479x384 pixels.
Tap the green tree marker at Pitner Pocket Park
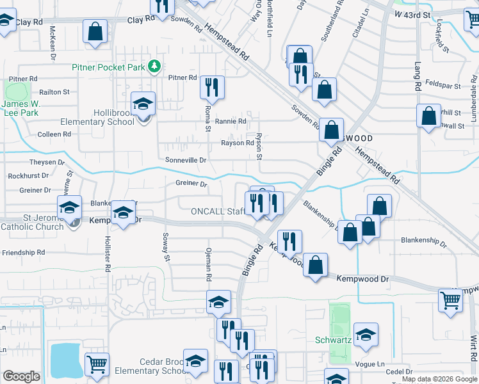point(154,66)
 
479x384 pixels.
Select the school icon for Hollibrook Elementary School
point(143,104)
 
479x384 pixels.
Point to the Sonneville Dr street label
point(186,159)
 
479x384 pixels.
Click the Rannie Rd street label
point(231,121)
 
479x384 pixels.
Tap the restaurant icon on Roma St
point(212,86)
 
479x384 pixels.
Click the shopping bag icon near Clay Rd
point(95,32)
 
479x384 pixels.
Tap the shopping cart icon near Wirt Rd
point(450,300)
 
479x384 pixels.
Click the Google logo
point(21,376)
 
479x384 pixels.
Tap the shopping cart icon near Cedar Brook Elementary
point(96,364)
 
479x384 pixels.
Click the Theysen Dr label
point(47,163)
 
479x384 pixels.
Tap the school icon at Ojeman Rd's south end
point(218,301)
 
